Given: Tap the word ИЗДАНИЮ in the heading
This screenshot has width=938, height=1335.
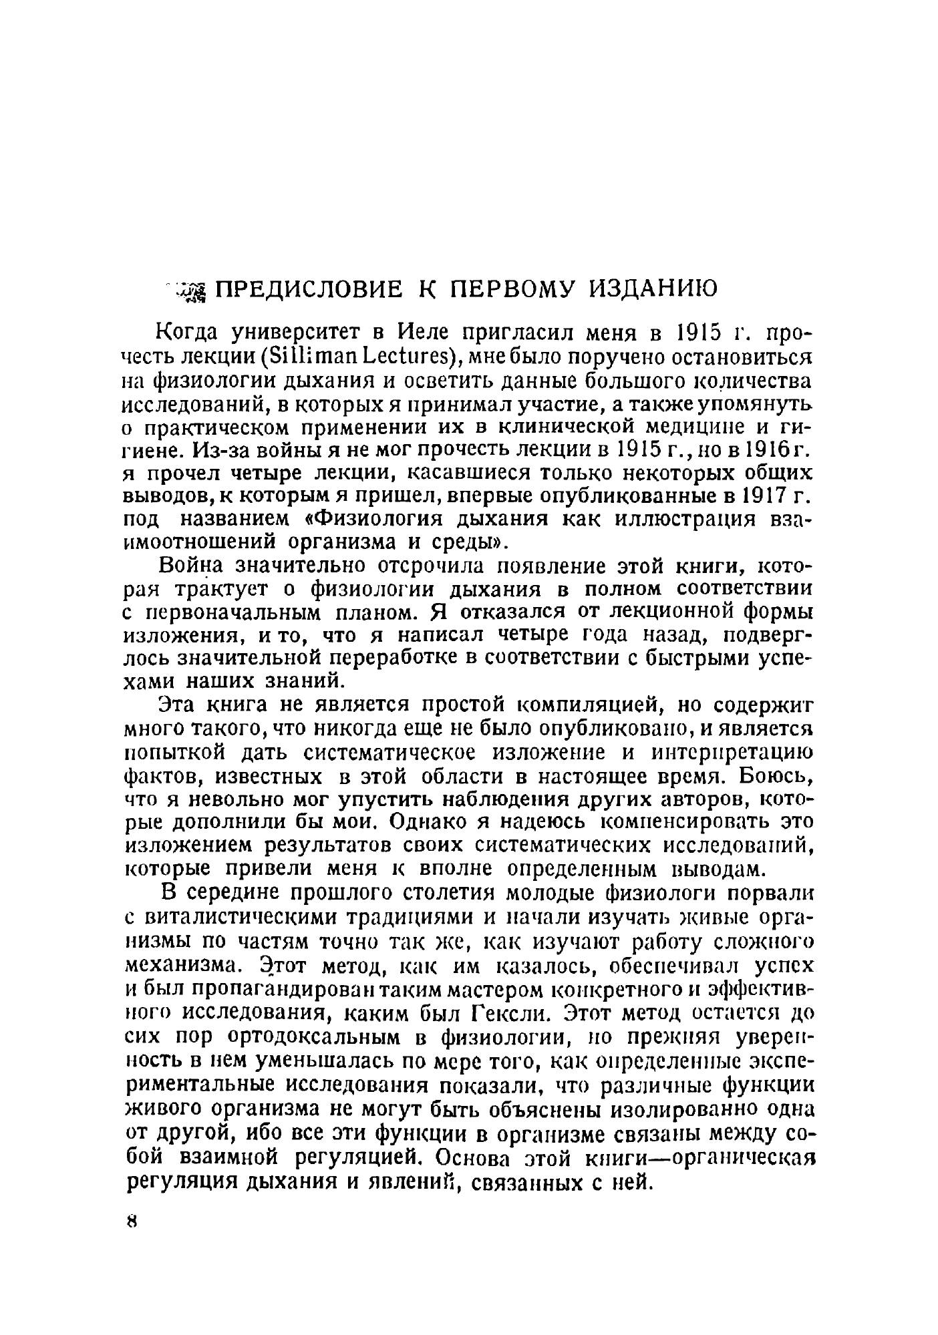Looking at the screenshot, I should tap(653, 289).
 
